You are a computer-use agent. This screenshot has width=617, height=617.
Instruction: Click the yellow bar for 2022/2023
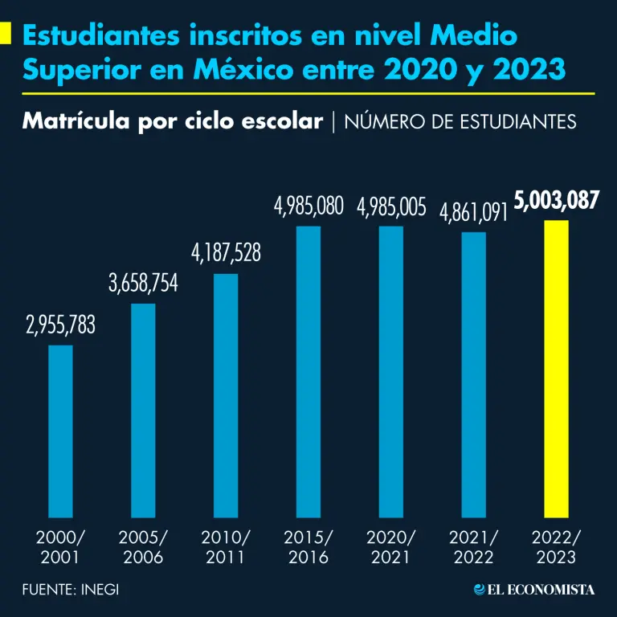click(556, 369)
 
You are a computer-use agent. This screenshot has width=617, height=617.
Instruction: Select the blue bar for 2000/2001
click(60, 431)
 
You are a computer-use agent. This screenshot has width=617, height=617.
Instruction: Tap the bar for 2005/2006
click(143, 411)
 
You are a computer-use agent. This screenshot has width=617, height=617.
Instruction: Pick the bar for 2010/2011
click(226, 395)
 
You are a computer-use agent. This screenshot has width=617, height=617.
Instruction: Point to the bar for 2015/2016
click(308, 372)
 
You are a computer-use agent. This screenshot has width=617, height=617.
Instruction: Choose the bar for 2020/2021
click(391, 372)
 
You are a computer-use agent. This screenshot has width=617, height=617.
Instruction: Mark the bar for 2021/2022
click(473, 375)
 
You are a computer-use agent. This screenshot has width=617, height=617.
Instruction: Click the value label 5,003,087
click(556, 201)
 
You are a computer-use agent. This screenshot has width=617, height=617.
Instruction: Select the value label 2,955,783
click(60, 325)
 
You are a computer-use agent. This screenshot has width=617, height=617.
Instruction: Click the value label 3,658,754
click(143, 283)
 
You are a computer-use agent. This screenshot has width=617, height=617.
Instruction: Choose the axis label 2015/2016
click(308, 546)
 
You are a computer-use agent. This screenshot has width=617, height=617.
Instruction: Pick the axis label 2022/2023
click(556, 546)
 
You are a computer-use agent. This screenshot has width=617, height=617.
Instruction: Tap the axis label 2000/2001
click(60, 546)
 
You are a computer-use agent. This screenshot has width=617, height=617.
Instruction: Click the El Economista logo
click(534, 590)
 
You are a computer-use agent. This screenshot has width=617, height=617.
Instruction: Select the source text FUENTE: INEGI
click(72, 590)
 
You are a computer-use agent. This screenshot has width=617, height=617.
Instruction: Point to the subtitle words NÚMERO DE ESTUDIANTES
click(460, 121)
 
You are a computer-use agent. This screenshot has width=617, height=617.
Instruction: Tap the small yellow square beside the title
click(6, 35)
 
